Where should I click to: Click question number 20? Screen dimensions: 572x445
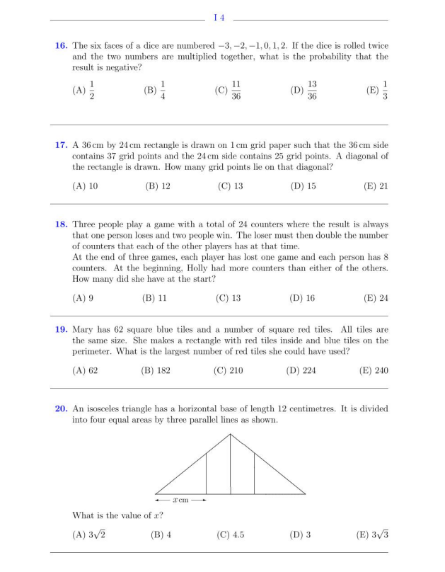[x=62, y=407]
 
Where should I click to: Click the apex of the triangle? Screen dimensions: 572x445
[x=231, y=434]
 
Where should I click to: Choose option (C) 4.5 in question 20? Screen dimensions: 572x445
[x=229, y=533]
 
